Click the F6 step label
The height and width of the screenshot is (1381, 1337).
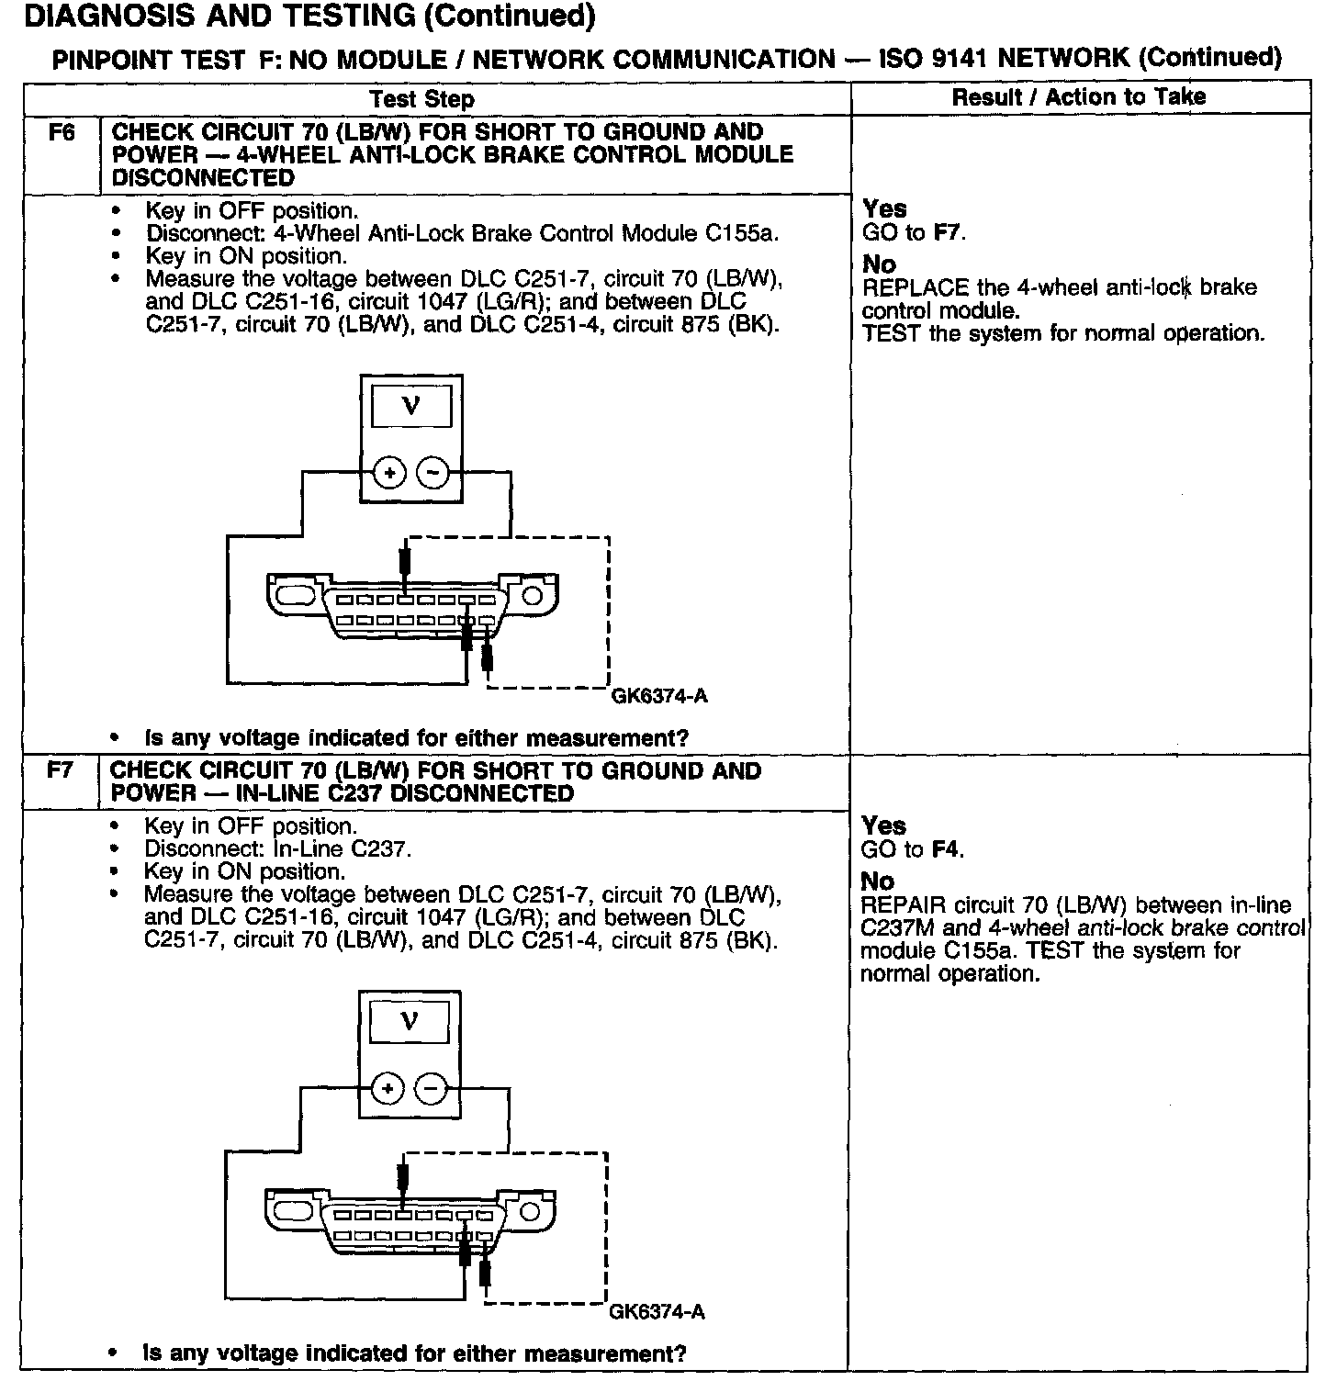coord(61,132)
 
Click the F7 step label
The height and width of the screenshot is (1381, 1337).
coord(60,770)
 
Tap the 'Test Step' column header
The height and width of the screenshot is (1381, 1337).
coord(421,99)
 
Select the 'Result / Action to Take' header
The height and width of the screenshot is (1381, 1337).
coord(1079,96)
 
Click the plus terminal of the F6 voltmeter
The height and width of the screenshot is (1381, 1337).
coord(389,474)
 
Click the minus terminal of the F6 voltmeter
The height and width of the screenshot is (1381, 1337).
coord(433,474)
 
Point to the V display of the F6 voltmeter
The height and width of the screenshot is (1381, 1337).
coord(411,405)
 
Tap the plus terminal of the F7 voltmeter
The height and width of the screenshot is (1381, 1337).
coord(388,1089)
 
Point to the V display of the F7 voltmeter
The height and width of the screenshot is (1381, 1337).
coord(410,1021)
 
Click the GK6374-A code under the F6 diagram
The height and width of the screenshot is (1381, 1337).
coord(659,696)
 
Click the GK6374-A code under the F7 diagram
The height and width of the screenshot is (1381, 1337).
coord(657,1311)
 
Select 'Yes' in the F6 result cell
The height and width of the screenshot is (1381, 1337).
coord(884,209)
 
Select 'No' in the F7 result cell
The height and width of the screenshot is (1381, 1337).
coord(877,881)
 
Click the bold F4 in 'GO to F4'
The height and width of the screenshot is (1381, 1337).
coord(947,849)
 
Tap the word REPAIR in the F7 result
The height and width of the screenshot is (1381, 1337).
coord(903,905)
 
